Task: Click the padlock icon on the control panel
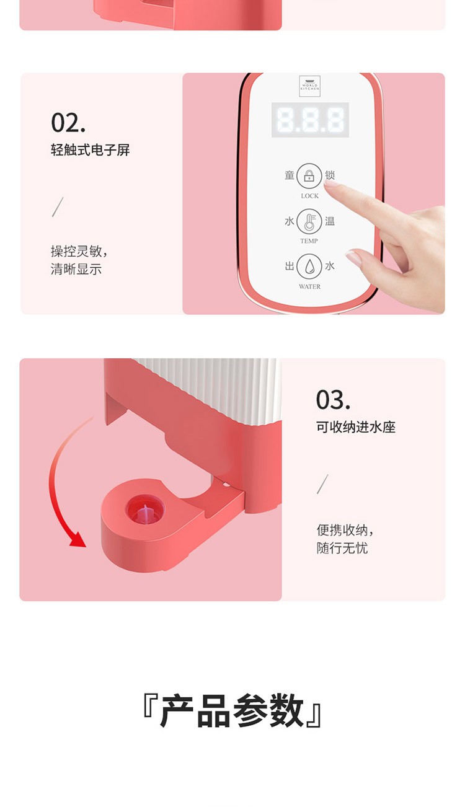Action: point(309,175)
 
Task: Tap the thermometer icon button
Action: point(309,221)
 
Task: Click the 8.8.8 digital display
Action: point(310,120)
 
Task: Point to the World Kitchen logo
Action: point(309,86)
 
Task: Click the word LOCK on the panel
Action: point(309,196)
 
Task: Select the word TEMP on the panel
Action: point(309,241)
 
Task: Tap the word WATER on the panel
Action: point(309,287)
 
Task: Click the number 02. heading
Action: point(68,123)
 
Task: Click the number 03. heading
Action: point(333,400)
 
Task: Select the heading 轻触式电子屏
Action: point(90,150)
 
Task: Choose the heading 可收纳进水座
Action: point(356,427)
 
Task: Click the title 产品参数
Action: point(232,712)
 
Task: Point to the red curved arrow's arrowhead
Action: point(78,539)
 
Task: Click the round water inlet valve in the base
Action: point(145,510)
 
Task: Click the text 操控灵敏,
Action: point(79,251)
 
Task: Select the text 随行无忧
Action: point(342,549)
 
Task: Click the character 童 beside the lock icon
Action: point(290,175)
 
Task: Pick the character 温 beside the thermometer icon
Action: point(330,221)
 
